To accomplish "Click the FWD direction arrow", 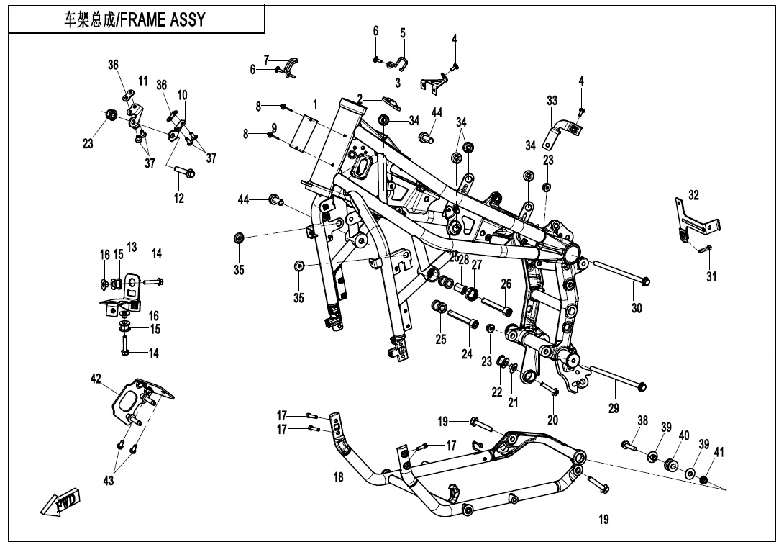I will pos(61,501).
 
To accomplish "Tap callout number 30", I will pos(636,307).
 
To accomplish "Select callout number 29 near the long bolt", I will pos(613,409).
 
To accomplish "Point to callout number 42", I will pos(96,379).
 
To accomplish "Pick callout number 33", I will pos(552,99).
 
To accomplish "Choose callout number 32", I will pos(693,195).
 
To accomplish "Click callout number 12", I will pos(178,198).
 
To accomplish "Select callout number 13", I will pos(132,248).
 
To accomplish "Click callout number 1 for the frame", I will pos(315,104).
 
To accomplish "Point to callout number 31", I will pos(711,276).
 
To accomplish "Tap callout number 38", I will pos(643,420).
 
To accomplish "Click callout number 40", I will pos(683,435).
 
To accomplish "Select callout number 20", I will pos(552,420).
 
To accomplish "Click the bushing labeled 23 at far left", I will pos(111,115).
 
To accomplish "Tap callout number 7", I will pos(266,58).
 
